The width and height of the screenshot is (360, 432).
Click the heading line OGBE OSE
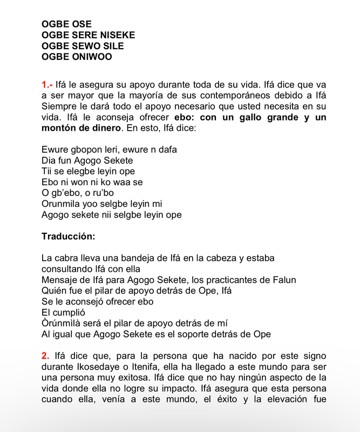coord(66,24)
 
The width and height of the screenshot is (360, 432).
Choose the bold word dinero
coord(108,128)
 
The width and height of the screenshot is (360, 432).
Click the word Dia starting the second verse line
coord(49,160)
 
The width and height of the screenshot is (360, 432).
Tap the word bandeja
coord(142,258)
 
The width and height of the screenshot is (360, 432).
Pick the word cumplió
coord(69,312)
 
